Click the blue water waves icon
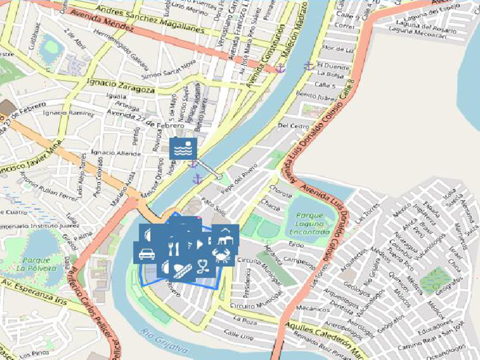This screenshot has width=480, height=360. [183, 148]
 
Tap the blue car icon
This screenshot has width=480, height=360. [146, 253]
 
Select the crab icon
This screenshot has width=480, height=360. [222, 254]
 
